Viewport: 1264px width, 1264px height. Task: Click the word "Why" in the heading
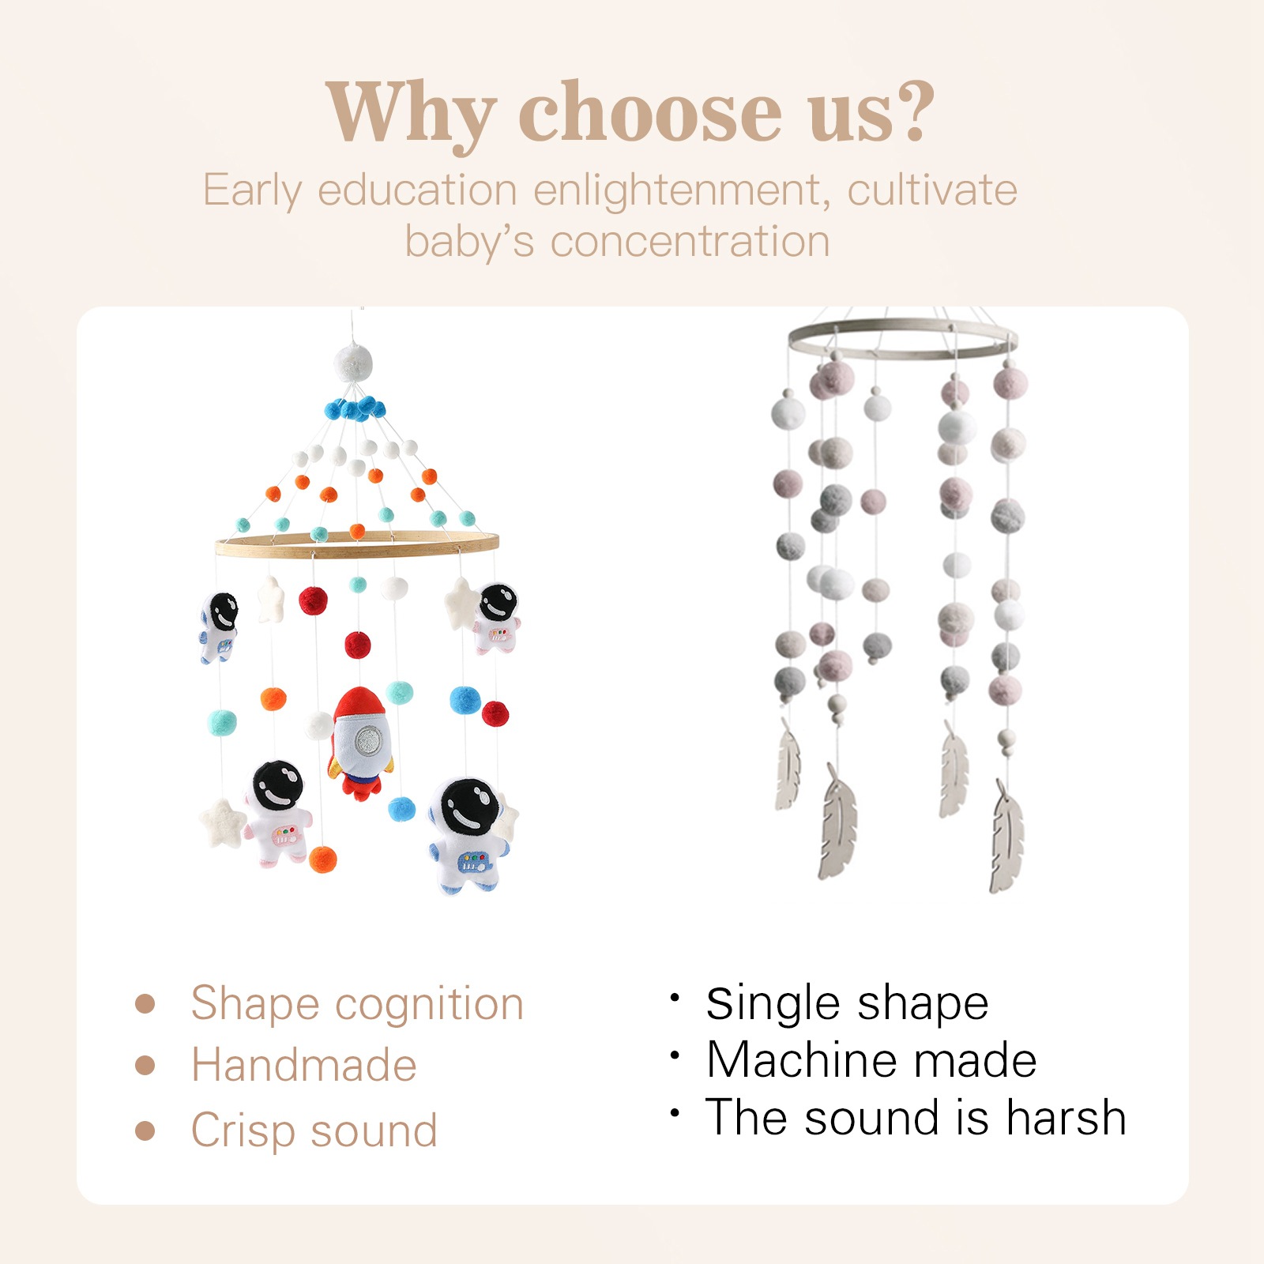pyautogui.click(x=411, y=113)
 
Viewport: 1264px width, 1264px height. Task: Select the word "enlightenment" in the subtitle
pyautogui.click(x=681, y=190)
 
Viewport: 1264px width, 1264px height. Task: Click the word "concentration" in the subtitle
pyautogui.click(x=690, y=241)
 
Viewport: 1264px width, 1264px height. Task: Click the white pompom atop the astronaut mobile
pyautogui.click(x=353, y=363)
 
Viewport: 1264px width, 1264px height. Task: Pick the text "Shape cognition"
pyautogui.click(x=357, y=1004)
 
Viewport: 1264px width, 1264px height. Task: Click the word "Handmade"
pyautogui.click(x=304, y=1065)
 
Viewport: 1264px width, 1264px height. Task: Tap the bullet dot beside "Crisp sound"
pyautogui.click(x=145, y=1130)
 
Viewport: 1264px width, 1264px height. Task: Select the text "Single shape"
pyautogui.click(x=847, y=1004)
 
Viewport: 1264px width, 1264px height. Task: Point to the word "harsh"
pyautogui.click(x=1066, y=1117)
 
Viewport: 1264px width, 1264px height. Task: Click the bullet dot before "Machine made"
pyautogui.click(x=675, y=1055)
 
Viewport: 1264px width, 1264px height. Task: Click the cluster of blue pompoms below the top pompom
pyautogui.click(x=355, y=408)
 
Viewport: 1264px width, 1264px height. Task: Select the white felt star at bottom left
pyautogui.click(x=222, y=823)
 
